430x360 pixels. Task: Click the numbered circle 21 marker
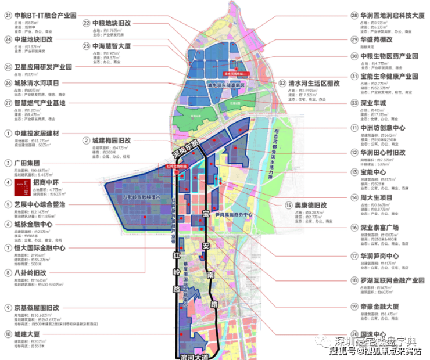[x=8, y=16]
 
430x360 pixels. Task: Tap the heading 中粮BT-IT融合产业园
[x=46, y=16]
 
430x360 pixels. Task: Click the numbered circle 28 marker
[x=353, y=16]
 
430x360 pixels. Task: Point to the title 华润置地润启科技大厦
[x=393, y=16]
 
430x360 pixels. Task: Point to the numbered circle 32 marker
[x=282, y=83]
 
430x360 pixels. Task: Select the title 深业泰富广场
[x=386, y=228]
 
